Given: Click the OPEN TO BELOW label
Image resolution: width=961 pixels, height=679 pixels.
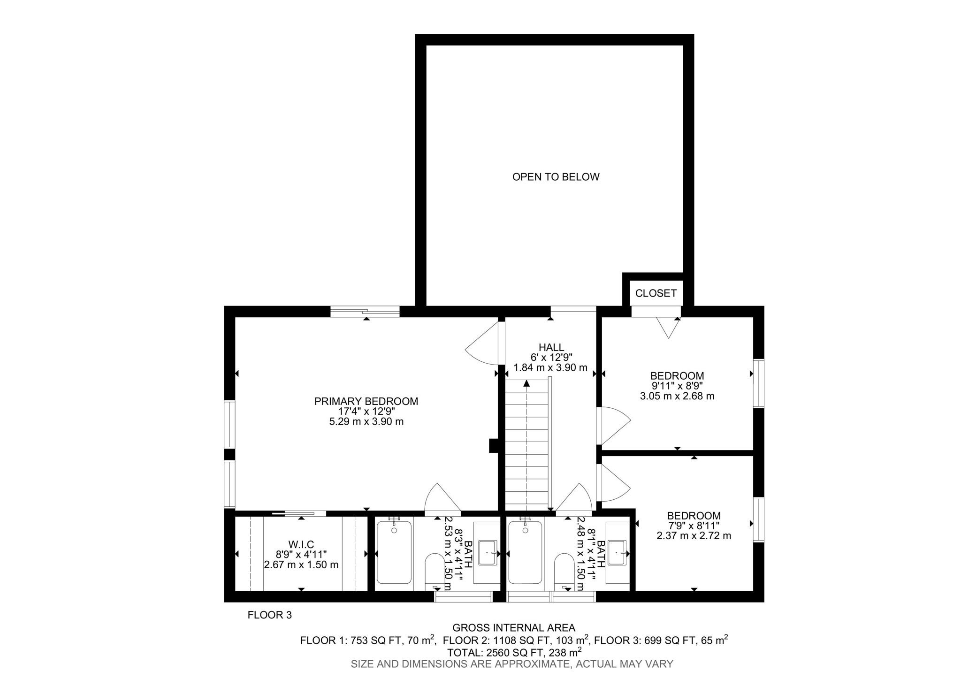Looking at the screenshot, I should [x=556, y=177].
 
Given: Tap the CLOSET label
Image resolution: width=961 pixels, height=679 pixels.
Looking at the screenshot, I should [x=656, y=293].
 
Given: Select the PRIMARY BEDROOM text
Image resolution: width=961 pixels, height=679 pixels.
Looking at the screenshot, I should [x=366, y=401].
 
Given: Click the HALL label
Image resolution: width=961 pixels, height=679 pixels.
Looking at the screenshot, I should [x=551, y=347].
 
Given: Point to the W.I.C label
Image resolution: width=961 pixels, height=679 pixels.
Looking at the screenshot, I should [x=301, y=544].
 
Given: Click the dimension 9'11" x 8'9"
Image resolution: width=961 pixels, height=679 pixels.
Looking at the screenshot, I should [x=677, y=386].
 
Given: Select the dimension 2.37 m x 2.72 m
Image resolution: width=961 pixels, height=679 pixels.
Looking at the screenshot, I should [x=694, y=535].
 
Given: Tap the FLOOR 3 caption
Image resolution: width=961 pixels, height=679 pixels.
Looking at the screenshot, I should [x=269, y=615].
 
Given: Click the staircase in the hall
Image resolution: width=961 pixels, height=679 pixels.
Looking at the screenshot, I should [x=526, y=446].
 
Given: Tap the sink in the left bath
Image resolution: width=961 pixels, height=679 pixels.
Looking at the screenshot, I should [x=488, y=553].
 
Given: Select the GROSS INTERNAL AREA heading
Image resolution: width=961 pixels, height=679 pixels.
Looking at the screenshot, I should [x=513, y=628].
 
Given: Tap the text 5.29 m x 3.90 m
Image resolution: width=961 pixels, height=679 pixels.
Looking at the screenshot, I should [x=366, y=421].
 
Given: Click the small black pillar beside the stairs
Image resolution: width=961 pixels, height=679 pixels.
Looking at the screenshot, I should [x=494, y=445].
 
